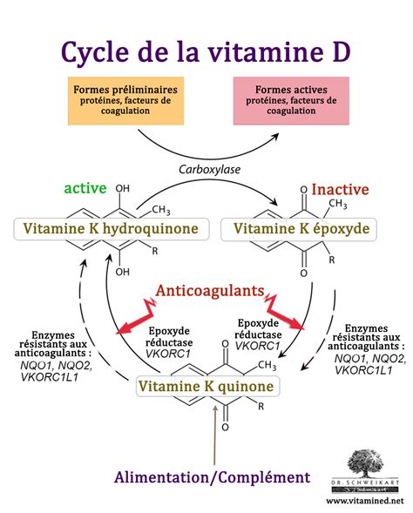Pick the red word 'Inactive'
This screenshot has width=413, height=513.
(x=340, y=189)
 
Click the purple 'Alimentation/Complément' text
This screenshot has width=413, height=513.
(x=212, y=476)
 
